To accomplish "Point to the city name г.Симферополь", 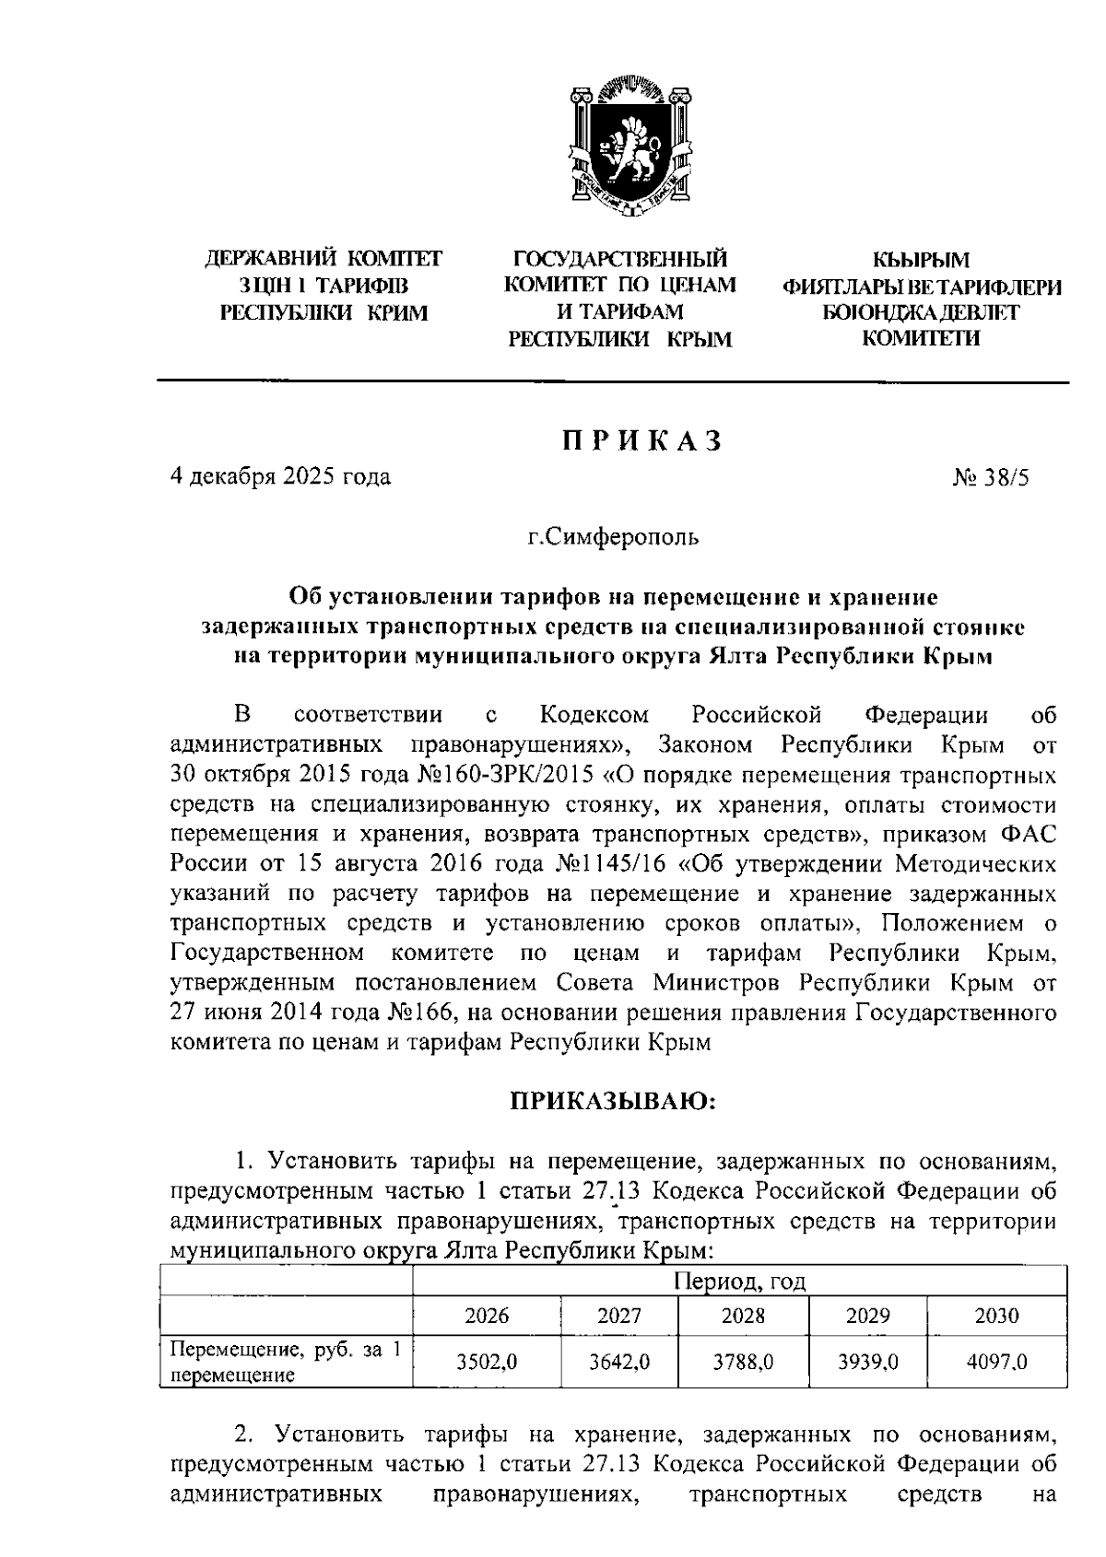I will pos(612,537).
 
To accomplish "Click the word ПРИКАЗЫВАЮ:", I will pos(614,1101).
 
